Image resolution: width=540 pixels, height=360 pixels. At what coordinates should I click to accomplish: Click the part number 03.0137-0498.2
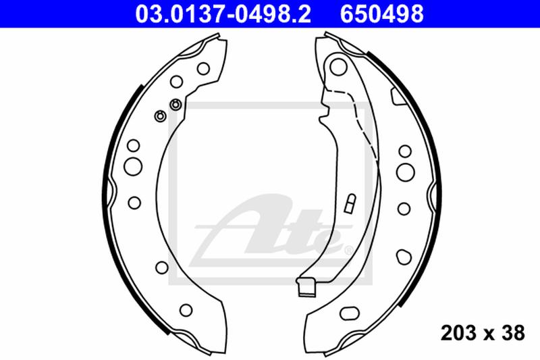point(223,14)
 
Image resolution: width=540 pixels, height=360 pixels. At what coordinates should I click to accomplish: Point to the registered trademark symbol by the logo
point(348,251)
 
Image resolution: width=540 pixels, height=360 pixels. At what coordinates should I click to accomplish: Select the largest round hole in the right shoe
point(405,172)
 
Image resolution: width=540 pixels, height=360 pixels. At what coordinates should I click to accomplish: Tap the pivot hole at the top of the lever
point(338,66)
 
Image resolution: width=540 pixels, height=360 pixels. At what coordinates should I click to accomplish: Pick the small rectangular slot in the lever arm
point(350,203)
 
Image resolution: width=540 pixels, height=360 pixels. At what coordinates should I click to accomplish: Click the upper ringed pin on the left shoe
point(175,104)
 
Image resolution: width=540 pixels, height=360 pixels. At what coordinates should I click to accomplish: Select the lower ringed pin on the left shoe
point(160,116)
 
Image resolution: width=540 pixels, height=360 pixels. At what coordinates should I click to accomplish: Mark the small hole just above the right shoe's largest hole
point(405,150)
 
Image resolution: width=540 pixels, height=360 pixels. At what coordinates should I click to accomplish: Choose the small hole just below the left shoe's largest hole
point(133,202)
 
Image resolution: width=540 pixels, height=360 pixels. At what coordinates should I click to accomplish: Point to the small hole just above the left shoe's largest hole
point(133,145)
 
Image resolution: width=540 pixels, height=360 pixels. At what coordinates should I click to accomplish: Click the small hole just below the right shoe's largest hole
point(404,207)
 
